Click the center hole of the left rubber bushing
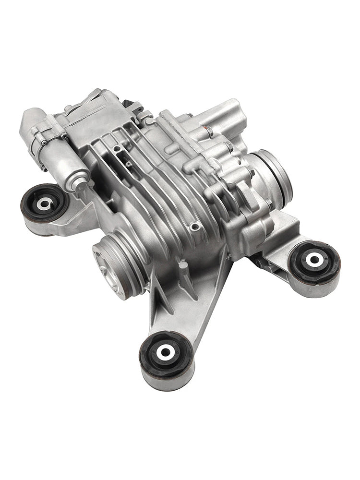point(44,204)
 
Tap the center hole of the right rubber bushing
point(314,260)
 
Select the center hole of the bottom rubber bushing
point(165,351)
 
